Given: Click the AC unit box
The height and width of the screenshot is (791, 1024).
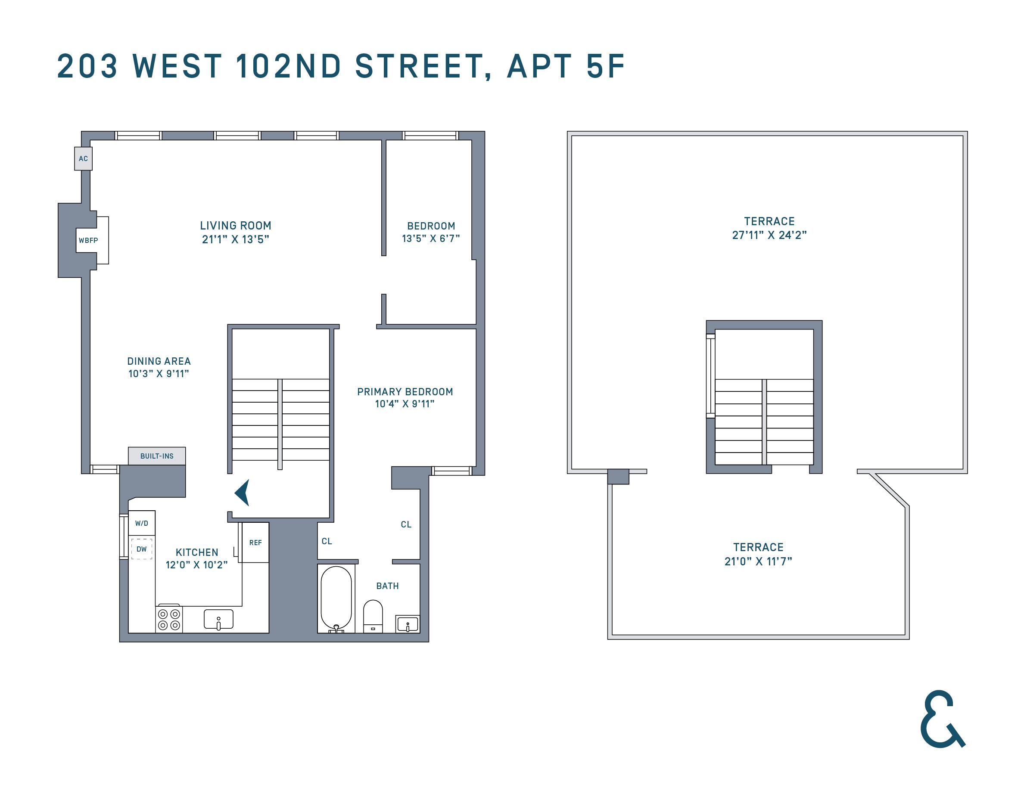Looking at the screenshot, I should click(x=84, y=158).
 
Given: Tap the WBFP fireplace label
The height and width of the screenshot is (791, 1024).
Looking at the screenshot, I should click(x=88, y=240).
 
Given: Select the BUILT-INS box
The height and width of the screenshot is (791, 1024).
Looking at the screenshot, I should click(x=157, y=456).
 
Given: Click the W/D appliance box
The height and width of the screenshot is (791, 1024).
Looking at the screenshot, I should click(x=142, y=523).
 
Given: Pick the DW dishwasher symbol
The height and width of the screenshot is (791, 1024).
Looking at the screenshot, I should click(x=142, y=549).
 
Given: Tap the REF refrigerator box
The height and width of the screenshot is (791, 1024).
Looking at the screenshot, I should click(x=255, y=543).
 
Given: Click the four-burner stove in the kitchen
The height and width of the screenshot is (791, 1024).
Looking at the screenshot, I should click(x=169, y=619).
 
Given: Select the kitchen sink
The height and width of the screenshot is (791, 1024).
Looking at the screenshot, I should click(x=218, y=619).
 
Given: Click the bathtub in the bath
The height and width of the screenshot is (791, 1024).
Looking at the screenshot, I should click(x=336, y=599).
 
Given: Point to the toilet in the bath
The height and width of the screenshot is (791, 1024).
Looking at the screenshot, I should click(x=373, y=616).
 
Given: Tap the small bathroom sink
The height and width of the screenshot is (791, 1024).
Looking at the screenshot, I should click(x=408, y=624).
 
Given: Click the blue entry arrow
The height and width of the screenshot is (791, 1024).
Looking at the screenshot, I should click(x=243, y=493).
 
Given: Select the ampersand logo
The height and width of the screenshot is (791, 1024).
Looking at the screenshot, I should click(x=942, y=719).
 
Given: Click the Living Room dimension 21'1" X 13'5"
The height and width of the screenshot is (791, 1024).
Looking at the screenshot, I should click(x=235, y=239).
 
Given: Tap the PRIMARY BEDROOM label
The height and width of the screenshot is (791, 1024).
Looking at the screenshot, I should click(x=405, y=392).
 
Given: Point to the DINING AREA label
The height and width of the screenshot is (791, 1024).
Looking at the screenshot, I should click(x=159, y=361).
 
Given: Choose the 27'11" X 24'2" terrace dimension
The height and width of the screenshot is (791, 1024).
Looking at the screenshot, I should click(x=769, y=235).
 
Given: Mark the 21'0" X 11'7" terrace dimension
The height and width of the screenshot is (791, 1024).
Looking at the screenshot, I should click(x=758, y=561).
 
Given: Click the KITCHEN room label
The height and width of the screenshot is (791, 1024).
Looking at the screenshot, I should click(x=197, y=552).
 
